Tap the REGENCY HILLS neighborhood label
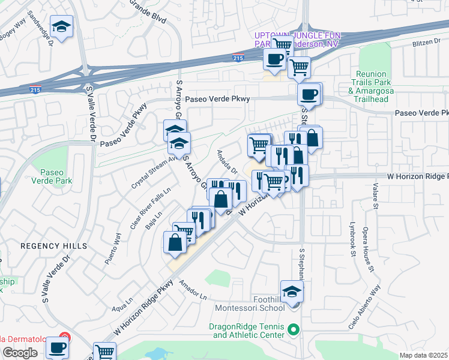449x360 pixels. pos(54,246)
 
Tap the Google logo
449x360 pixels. pos(20,353)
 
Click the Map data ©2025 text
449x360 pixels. pos(423,355)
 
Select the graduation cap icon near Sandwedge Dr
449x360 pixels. pos(61,27)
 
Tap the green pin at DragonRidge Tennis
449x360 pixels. pos(294,329)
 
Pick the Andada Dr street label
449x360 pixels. pos(228,162)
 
